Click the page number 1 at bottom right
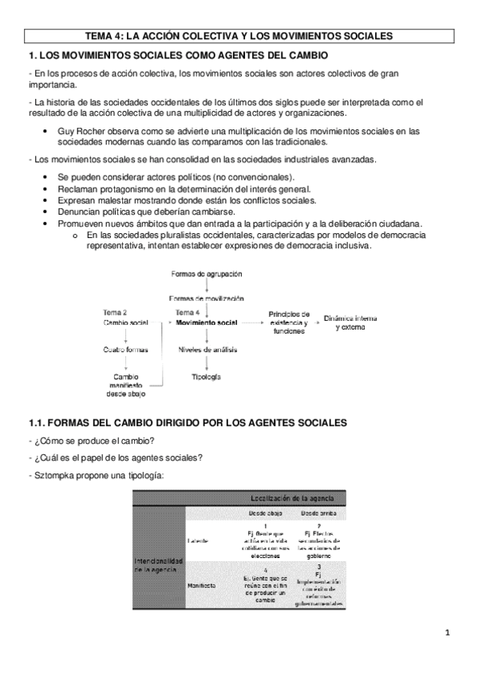pos(448,634)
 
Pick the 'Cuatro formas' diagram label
pos(126,349)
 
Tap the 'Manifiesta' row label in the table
pos(201,584)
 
